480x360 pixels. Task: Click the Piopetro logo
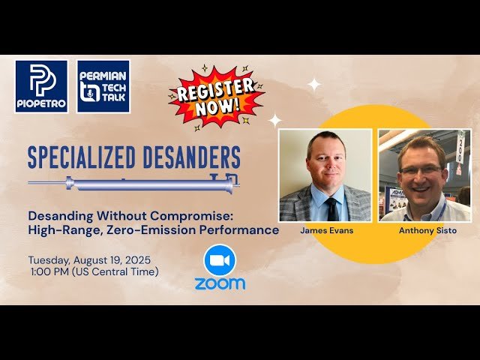[x=41, y=86]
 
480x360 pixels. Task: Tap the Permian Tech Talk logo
[x=103, y=86]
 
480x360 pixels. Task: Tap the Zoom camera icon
[x=219, y=259]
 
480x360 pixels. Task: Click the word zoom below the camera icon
[x=219, y=283]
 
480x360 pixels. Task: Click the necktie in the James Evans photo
[x=331, y=208]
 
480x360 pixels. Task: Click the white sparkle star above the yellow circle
[x=314, y=85]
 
